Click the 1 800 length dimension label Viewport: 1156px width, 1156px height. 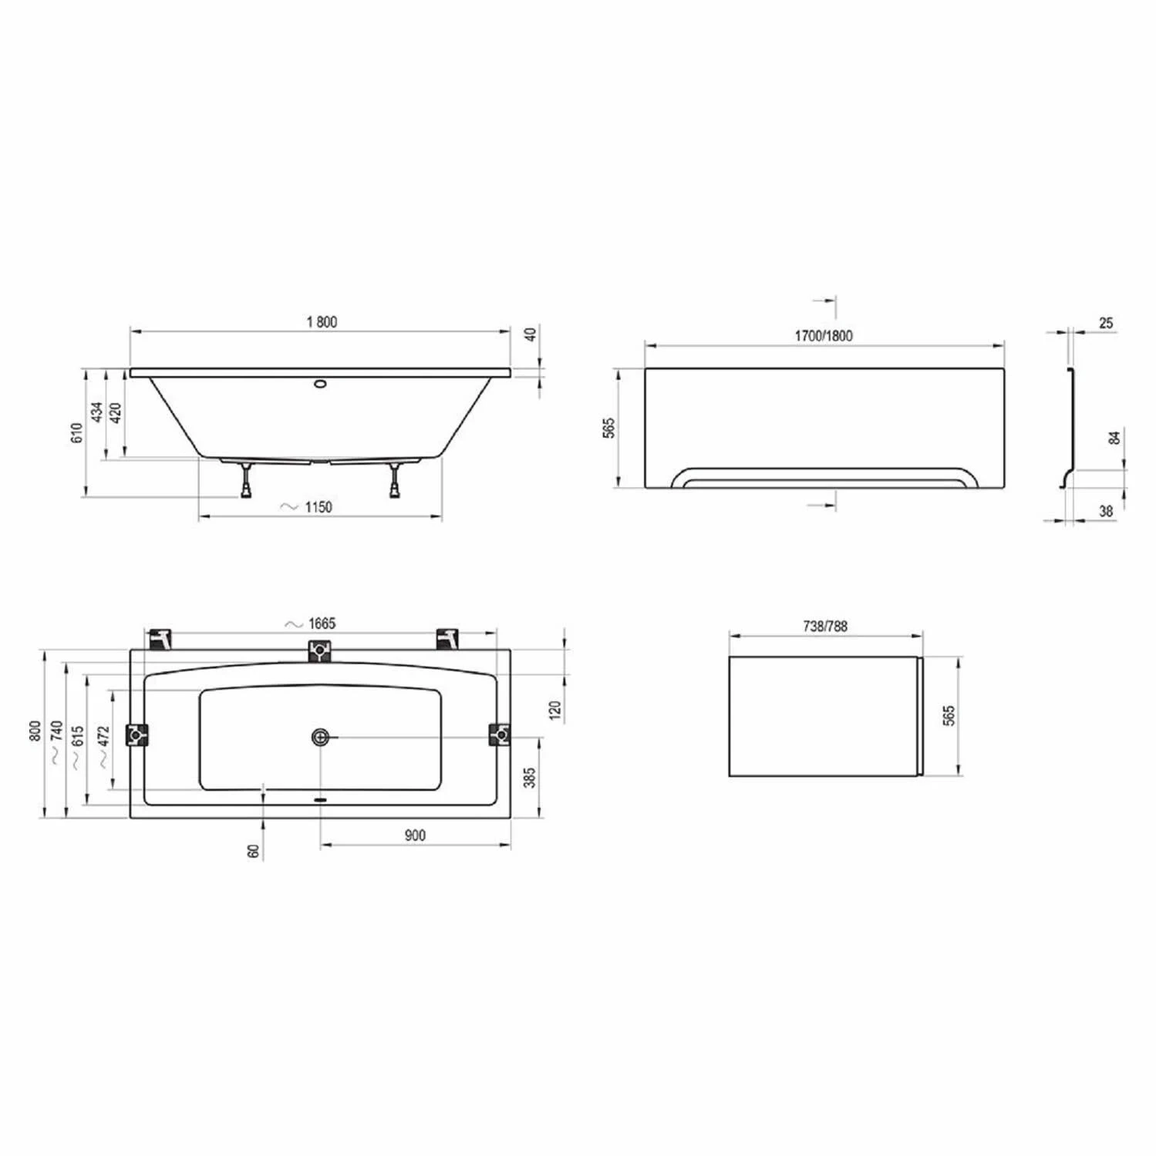coord(322,322)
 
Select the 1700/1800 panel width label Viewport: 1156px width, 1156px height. coord(824,335)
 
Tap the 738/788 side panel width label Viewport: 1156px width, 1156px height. coord(824,627)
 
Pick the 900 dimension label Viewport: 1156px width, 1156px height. coord(414,835)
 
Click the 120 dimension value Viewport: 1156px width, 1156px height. coord(555,710)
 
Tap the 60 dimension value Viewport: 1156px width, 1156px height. coord(254,851)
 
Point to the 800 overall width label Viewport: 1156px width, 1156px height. coord(35,731)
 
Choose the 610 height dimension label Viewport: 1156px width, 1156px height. coord(76,434)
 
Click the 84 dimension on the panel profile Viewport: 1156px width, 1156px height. coord(1114,438)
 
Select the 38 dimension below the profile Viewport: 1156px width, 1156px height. coord(1106,511)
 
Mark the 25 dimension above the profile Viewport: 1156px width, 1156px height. coord(1106,323)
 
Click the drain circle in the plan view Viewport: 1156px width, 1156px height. coord(320,738)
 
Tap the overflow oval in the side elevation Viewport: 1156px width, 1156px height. coord(320,381)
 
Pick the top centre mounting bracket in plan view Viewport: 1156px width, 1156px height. coord(318,652)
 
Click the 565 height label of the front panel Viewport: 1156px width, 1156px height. coord(609,428)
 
